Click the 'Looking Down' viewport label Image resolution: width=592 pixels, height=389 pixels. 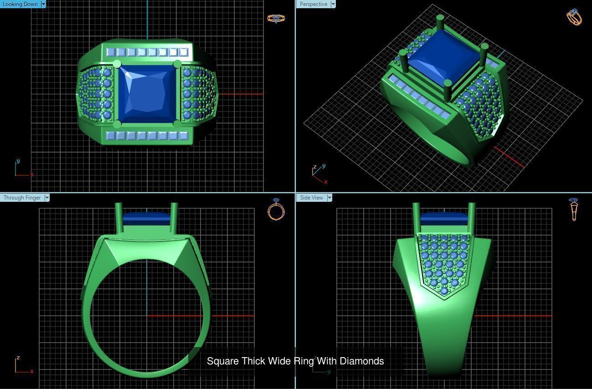20,4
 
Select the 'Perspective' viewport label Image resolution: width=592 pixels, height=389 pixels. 313,4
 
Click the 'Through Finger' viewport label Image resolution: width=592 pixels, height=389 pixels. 22,198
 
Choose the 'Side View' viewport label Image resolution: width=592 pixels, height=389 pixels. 311,198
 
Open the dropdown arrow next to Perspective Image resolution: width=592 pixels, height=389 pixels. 333,4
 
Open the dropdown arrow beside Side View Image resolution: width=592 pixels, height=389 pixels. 329,198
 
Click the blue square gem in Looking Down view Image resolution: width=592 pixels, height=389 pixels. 147,94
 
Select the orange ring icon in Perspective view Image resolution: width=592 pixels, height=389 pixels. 574,17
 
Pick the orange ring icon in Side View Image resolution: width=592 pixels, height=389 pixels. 574,210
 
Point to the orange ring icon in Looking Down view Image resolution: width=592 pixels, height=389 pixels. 276,18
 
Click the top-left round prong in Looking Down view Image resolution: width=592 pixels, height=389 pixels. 117,64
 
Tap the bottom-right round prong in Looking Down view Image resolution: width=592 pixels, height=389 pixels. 177,124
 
